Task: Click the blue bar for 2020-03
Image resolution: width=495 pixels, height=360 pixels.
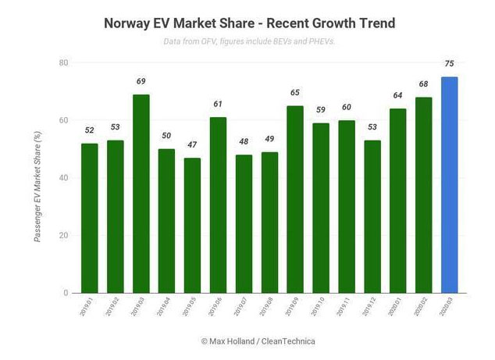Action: click(449, 185)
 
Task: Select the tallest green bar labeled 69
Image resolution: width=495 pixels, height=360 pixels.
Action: click(141, 194)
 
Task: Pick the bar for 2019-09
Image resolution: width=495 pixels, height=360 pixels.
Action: click(294, 199)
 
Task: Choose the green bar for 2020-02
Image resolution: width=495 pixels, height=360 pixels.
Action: click(423, 195)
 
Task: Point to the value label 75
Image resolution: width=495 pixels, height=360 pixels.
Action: click(449, 64)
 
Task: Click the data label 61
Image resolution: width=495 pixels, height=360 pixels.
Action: click(218, 105)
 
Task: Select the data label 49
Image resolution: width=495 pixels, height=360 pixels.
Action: click(269, 139)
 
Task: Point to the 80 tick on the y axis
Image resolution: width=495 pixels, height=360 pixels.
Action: click(63, 62)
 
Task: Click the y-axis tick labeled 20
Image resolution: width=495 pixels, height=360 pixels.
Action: click(63, 235)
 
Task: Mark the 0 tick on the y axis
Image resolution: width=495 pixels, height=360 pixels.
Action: click(66, 293)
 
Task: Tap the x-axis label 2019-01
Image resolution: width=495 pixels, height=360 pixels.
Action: click(90, 307)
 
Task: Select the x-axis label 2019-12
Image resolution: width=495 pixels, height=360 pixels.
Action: click(372, 307)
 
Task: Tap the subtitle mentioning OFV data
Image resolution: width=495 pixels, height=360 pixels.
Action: click(249, 41)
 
